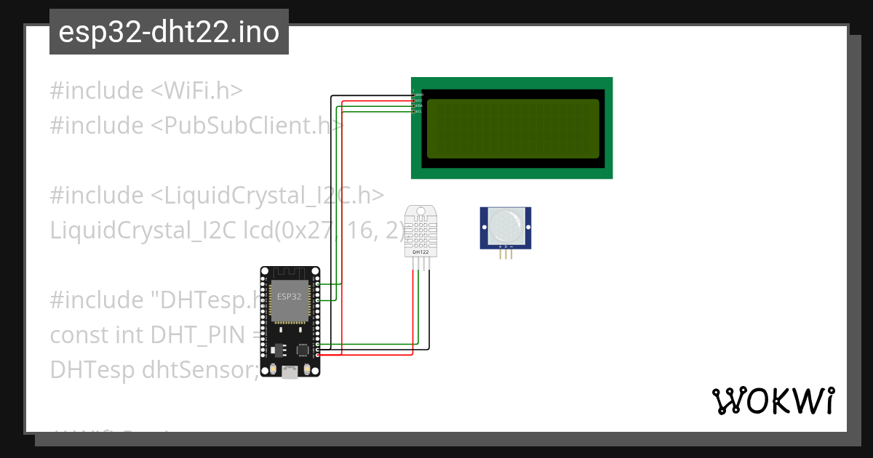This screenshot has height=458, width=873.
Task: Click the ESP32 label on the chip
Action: pos(290,297)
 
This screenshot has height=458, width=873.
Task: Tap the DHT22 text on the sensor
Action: pos(420,252)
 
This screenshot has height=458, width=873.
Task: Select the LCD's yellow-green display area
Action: pos(512,128)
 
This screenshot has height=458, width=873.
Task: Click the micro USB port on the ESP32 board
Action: pos(290,372)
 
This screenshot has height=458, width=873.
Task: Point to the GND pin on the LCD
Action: pos(418,95)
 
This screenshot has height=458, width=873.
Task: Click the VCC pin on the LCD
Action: pos(418,100)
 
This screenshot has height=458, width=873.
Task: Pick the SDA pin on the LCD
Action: pos(418,106)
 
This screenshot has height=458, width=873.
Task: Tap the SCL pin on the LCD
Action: pos(418,111)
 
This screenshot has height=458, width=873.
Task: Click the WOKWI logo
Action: pos(773,401)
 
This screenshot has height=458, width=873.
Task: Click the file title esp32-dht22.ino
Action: pos(169,33)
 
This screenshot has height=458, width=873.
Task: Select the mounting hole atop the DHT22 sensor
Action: pos(420,213)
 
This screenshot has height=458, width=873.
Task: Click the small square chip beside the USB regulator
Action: pos(302,350)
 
